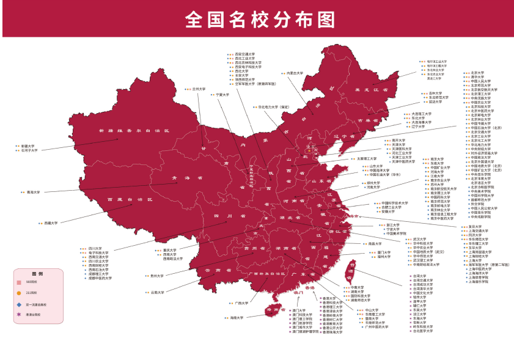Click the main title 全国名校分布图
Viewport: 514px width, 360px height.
tap(260, 19)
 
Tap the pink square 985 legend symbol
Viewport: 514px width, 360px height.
tap(19, 282)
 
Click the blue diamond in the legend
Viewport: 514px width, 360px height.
tap(19, 304)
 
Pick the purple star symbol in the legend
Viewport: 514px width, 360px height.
tap(19, 315)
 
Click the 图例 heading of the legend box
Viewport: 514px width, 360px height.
tap(37, 273)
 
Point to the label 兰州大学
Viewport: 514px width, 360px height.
tap(199, 89)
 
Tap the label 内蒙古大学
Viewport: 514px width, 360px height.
tap(295, 73)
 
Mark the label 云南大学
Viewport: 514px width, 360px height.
tap(158, 292)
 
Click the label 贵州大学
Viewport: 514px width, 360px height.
tap(157, 276)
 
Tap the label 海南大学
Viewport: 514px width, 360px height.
tap(237, 318)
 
